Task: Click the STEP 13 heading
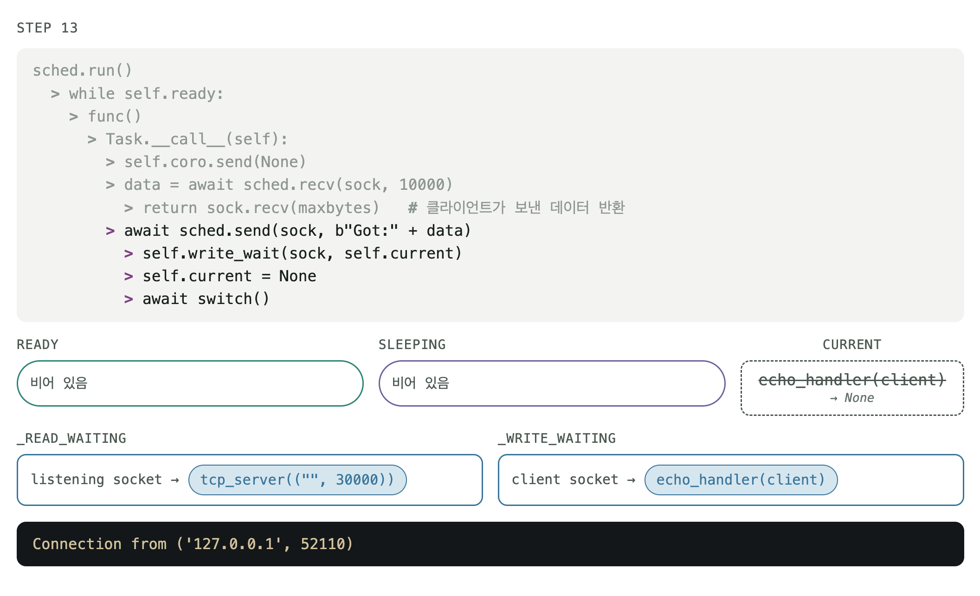click(x=47, y=28)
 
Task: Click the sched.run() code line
click(x=83, y=71)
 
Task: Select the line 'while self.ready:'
click(x=146, y=94)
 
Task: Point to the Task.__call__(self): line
click(x=197, y=139)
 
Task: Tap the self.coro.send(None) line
click(x=215, y=162)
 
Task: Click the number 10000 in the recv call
click(x=422, y=185)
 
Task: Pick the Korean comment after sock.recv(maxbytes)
click(x=516, y=207)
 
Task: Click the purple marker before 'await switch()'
click(x=129, y=299)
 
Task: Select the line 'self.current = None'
click(x=229, y=276)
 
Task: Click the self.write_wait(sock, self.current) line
click(x=302, y=253)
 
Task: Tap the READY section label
click(x=38, y=344)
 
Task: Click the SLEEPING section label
click(x=412, y=344)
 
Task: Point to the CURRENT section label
click(x=852, y=344)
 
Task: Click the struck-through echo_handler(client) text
click(x=852, y=380)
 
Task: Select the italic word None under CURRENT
click(x=859, y=398)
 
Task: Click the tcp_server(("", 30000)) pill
click(x=297, y=480)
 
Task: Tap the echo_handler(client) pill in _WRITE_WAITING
click(x=741, y=480)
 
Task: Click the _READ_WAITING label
click(x=71, y=438)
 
